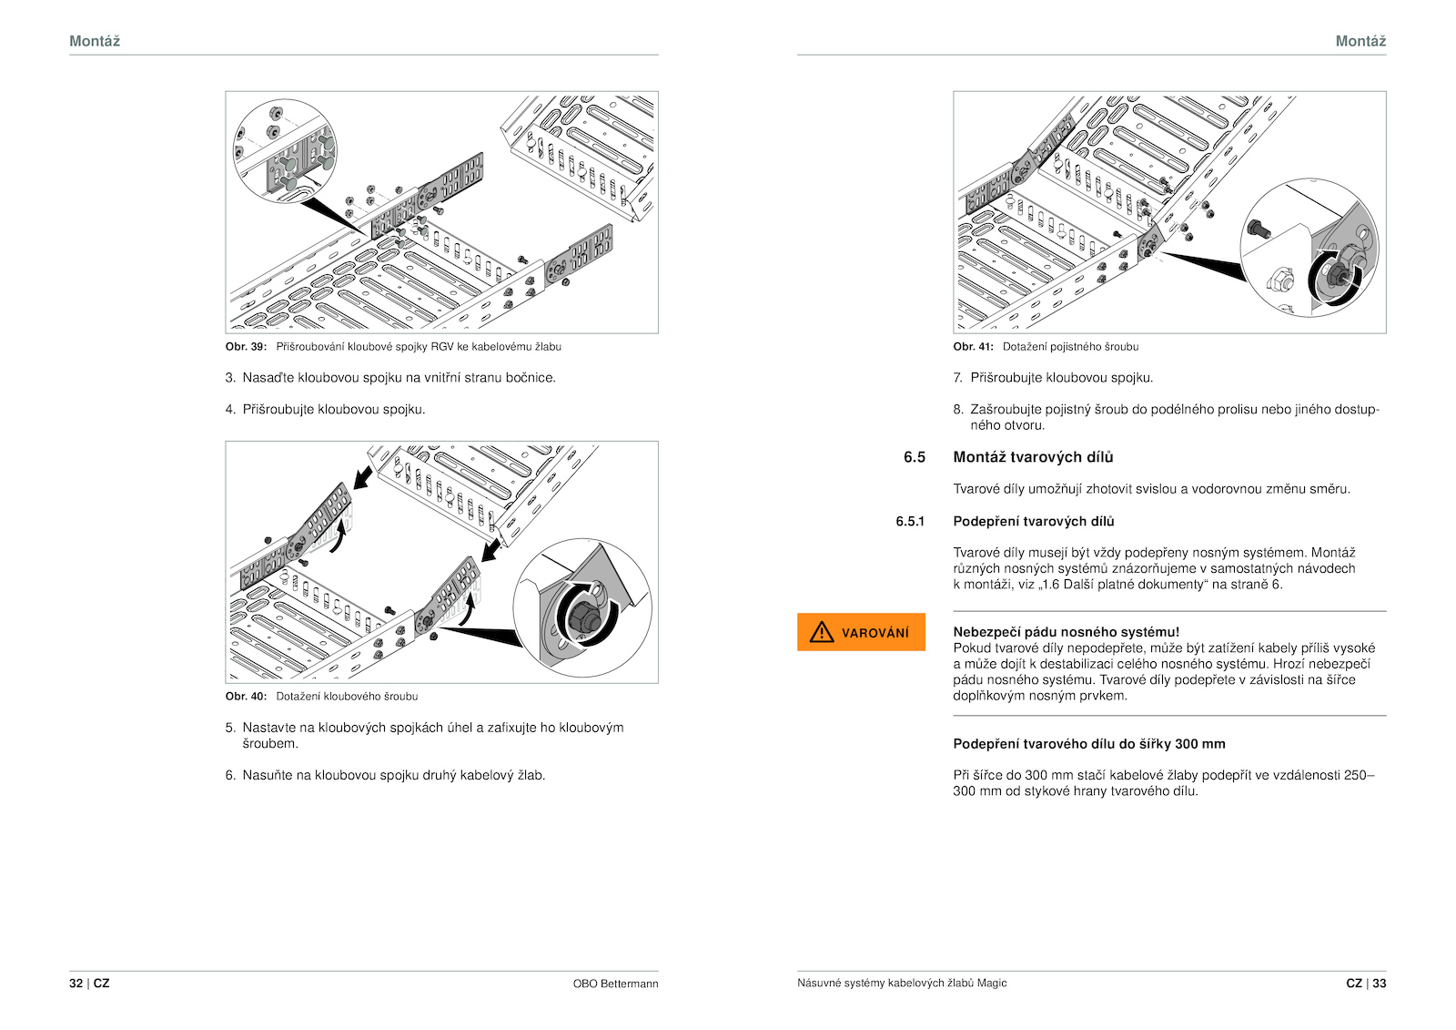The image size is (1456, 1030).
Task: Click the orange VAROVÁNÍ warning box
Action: tap(861, 632)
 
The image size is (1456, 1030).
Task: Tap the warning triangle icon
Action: tap(822, 632)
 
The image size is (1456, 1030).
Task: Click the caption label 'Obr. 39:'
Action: tap(246, 347)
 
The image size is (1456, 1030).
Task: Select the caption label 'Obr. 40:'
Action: tap(246, 697)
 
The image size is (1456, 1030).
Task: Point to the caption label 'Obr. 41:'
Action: tap(973, 347)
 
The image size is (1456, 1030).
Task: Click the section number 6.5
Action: tap(914, 457)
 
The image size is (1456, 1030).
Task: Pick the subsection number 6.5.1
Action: tap(910, 522)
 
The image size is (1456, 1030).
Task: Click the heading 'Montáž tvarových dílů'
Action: tap(1033, 457)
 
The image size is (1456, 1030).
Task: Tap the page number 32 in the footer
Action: tap(76, 984)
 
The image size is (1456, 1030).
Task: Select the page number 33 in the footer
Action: tap(1380, 984)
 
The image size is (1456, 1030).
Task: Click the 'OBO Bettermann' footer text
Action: tap(615, 984)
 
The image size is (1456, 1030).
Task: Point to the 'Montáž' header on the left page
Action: tap(95, 41)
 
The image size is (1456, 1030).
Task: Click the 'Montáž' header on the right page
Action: tap(1360, 41)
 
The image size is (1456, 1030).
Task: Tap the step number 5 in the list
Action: tap(230, 728)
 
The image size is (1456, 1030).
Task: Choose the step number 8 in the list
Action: tap(957, 410)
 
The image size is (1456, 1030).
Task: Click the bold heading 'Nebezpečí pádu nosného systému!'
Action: tap(1066, 632)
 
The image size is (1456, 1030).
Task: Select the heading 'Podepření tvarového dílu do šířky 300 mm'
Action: tap(1088, 744)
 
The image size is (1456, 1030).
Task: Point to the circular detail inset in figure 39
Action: tap(285, 150)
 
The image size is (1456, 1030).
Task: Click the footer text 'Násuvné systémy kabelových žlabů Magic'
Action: tap(902, 984)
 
